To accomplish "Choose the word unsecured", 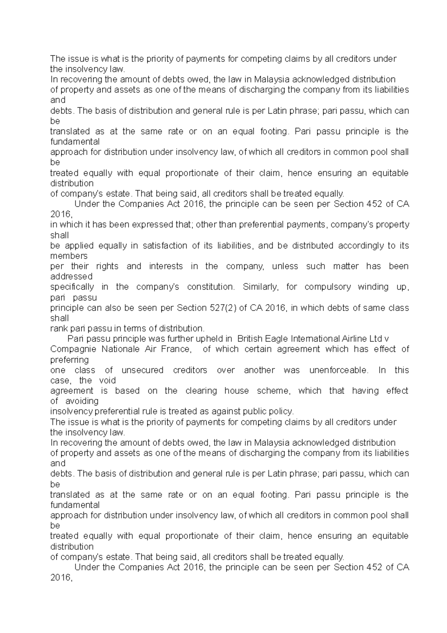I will [x=142, y=370].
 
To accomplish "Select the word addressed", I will [x=71, y=277].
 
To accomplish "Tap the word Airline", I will [x=354, y=339].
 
